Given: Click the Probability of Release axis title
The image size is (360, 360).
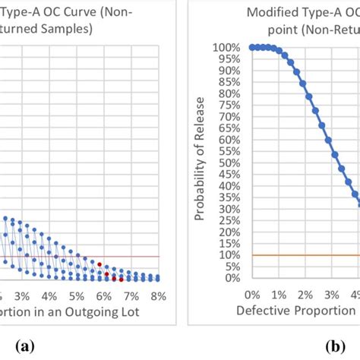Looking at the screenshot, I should pyautogui.click(x=201, y=162).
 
